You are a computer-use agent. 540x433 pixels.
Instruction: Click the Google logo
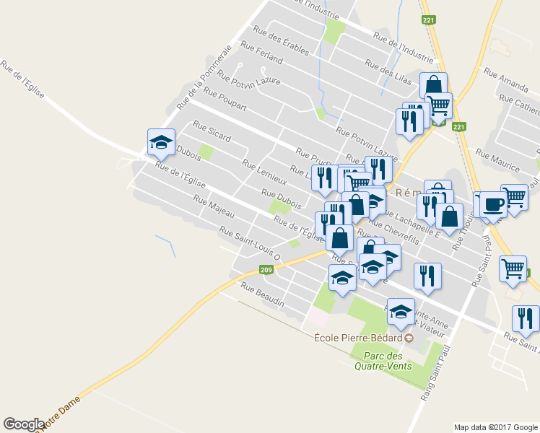(x=24, y=424)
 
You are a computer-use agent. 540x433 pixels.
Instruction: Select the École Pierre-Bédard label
(x=357, y=337)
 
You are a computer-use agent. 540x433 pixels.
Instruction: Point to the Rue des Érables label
(x=281, y=41)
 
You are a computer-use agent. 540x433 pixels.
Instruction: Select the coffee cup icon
(x=493, y=204)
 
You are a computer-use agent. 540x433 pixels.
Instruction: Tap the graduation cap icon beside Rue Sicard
(x=161, y=141)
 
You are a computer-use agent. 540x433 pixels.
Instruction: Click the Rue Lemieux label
(x=264, y=172)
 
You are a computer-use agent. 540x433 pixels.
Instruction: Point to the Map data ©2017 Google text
(x=495, y=427)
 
